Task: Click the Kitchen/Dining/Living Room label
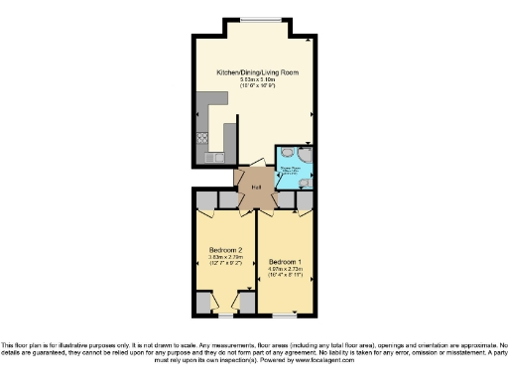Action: coord(258,72)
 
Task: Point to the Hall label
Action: coord(254,187)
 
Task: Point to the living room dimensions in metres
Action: coord(258,80)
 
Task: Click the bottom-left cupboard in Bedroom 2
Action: coord(204,301)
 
